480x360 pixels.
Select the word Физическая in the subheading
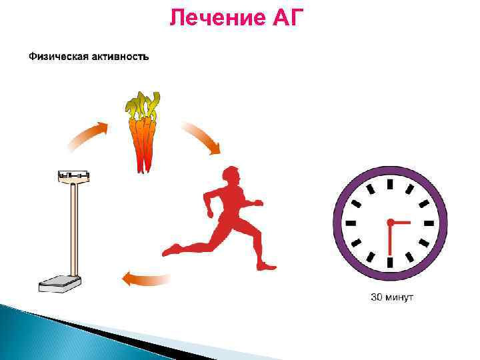(55, 57)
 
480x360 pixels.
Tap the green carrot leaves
(143, 105)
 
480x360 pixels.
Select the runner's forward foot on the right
(267, 266)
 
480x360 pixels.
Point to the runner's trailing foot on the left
(171, 250)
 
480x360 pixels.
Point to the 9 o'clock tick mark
(349, 221)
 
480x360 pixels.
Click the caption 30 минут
(391, 297)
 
